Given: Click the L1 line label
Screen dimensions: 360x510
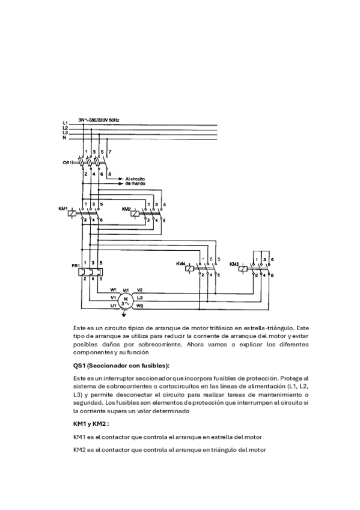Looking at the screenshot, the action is [x=65, y=123].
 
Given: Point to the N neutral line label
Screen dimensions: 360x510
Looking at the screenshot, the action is [x=65, y=138].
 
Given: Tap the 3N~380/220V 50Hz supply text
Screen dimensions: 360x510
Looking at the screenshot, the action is [x=99, y=120].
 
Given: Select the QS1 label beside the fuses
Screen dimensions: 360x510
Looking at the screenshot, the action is [x=67, y=162].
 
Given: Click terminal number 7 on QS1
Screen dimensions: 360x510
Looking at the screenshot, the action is [x=110, y=152].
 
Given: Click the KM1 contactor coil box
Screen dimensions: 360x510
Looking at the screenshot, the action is [x=72, y=214].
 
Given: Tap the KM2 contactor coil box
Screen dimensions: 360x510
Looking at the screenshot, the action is [x=135, y=214].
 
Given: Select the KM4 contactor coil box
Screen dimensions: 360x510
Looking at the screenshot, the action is [x=189, y=269].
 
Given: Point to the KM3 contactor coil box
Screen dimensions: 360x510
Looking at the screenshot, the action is [x=242, y=269].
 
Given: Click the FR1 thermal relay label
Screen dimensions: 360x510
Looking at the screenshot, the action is [x=75, y=266].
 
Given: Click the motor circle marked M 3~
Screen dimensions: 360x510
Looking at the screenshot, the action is [x=125, y=301].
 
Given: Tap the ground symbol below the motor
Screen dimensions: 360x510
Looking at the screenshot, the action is [x=124, y=314].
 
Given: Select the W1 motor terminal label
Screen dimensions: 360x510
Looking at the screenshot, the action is [x=114, y=289].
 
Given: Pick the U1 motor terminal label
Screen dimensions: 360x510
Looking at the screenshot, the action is [x=114, y=306].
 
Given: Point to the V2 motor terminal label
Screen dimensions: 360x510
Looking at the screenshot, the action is [x=139, y=289].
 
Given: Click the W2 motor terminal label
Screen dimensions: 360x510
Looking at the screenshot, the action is [x=140, y=306].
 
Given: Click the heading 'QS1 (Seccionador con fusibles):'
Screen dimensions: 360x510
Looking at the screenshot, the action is [x=121, y=366].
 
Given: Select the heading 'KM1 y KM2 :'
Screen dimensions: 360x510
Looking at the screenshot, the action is [x=91, y=424].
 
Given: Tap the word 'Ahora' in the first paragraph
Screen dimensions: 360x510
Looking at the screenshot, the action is [x=195, y=345].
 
